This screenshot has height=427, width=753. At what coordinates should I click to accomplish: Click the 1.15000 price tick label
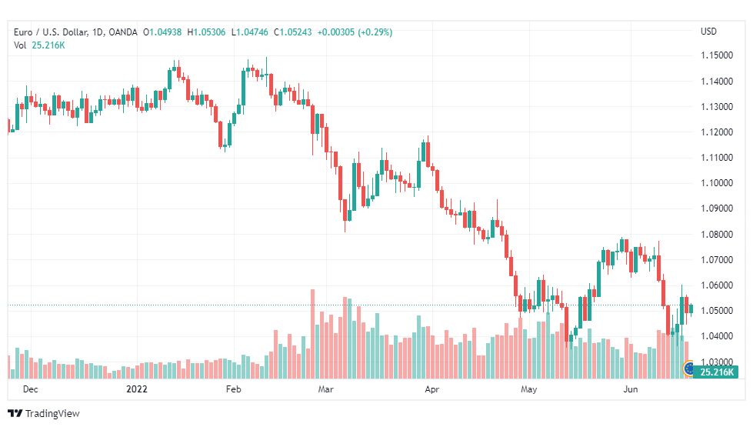tap(717, 55)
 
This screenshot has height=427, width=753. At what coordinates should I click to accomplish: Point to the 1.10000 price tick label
tap(717, 183)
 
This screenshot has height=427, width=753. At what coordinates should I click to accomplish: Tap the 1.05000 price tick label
tap(717, 311)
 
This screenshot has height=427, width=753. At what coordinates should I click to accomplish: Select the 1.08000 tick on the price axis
tap(717, 235)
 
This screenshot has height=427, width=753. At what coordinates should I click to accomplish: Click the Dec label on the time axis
tap(30, 389)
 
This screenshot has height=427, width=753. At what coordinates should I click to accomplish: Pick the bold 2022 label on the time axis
tap(137, 389)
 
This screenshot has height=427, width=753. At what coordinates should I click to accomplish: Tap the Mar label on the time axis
tap(325, 389)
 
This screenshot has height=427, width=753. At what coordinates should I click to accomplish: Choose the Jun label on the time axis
tap(631, 389)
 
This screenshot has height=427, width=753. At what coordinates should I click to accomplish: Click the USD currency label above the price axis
tap(708, 32)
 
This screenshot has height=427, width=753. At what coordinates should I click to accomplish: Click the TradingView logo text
tap(52, 414)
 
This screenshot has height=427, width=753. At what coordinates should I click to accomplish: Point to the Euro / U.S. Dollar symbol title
tap(51, 32)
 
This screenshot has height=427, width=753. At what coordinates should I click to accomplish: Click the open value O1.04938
tap(162, 32)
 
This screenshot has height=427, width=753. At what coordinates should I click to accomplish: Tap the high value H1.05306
tap(206, 32)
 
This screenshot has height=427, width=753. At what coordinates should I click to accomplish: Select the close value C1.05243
tap(293, 32)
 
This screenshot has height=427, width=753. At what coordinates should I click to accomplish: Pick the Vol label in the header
tap(20, 45)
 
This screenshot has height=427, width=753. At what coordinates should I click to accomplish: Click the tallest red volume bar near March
tap(312, 334)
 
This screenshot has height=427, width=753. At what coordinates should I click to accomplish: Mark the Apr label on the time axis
tap(431, 389)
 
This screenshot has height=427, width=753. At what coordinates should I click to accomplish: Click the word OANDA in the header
tap(123, 32)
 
